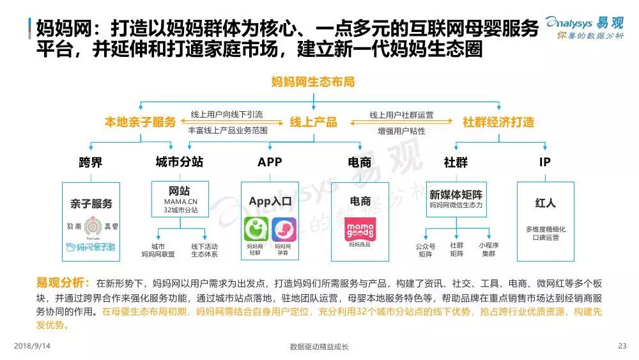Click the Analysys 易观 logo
click(585, 28)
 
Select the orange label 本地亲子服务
click(140, 122)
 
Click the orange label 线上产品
click(313, 122)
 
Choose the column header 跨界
click(90, 162)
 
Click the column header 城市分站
click(180, 162)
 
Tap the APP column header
click(270, 162)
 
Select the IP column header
click(544, 162)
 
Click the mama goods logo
click(360, 228)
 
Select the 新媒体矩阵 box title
click(456, 194)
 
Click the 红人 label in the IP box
click(545, 203)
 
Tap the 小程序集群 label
click(488, 249)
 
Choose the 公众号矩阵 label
click(426, 249)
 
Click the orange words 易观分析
click(59, 282)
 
